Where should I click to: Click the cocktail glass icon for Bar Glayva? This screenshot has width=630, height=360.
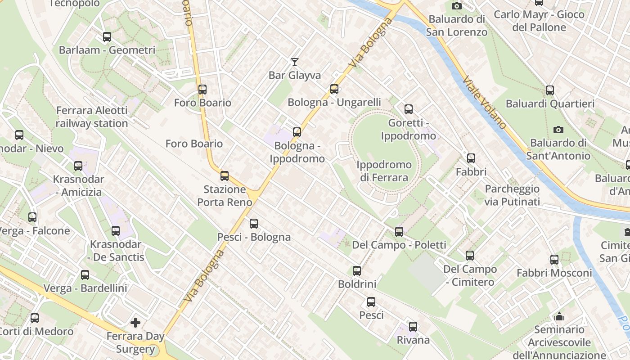[x=295, y=62]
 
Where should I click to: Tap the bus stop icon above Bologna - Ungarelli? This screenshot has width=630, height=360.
[x=334, y=89]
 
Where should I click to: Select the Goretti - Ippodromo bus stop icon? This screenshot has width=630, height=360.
[x=408, y=109]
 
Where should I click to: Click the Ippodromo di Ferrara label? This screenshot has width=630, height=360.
[x=384, y=171]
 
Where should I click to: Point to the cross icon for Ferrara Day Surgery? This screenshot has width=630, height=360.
[x=135, y=323]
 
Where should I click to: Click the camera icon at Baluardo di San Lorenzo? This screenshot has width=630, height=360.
[x=457, y=6]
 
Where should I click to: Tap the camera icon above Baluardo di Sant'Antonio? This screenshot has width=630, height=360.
[x=558, y=130]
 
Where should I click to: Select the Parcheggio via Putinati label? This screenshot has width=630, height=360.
[x=512, y=195]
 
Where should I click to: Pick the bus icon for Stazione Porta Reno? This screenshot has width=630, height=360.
[x=225, y=176]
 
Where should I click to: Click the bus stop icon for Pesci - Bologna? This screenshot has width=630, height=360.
[x=254, y=224]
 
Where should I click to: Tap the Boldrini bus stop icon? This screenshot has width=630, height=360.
[x=357, y=271]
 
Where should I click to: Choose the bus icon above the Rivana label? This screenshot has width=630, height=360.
[x=413, y=327]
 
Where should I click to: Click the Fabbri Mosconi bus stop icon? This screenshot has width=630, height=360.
[x=554, y=260]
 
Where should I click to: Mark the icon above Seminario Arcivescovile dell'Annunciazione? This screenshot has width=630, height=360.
[x=559, y=316]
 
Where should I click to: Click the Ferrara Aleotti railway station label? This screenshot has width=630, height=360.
[x=92, y=117]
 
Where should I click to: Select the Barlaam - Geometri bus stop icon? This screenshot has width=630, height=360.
[x=107, y=37]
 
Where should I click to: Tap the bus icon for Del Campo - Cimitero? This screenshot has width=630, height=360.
[x=470, y=256]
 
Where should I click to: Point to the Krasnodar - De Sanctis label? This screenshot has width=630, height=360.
[x=116, y=251]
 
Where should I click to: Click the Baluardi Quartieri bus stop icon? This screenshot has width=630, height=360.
[x=549, y=90]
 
